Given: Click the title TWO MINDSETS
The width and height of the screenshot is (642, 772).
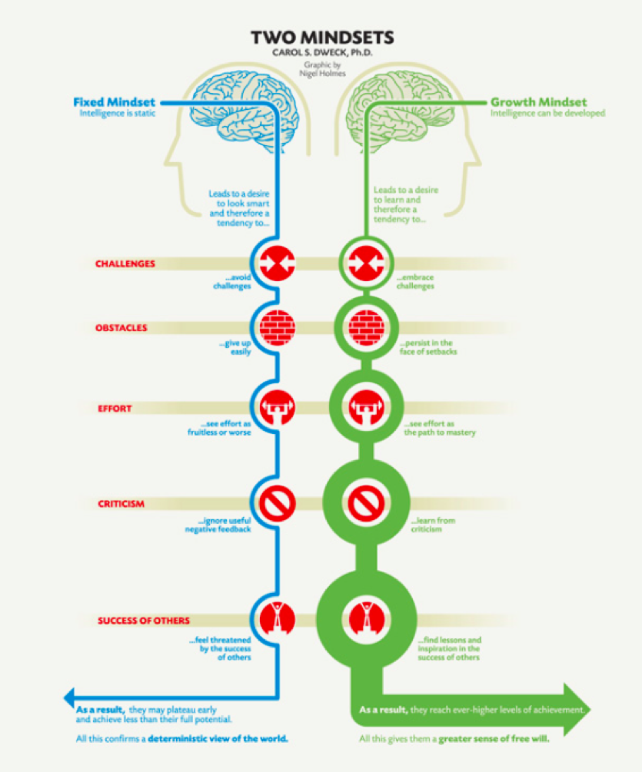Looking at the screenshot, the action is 322,38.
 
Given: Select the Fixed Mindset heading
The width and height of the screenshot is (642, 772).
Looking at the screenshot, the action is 115,102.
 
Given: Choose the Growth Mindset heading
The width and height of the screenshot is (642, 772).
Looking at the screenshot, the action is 538,102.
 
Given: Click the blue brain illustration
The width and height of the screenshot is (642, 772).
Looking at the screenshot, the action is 244,109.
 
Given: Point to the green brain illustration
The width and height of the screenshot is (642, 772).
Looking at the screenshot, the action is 400,109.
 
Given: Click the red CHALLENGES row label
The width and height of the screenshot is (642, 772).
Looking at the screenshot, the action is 125,264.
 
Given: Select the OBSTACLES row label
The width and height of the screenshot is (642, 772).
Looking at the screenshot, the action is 121,328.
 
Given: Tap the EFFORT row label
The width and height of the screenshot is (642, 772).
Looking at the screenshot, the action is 115,409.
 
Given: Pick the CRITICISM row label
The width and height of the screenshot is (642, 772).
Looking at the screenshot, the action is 121,504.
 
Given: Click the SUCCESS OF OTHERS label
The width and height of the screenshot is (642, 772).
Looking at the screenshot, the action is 143,621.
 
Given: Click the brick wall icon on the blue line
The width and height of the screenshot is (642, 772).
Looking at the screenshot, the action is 278,327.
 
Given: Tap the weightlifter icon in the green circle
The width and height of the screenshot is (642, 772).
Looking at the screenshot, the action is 367,408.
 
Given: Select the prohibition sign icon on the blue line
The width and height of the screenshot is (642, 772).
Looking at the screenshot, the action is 278,504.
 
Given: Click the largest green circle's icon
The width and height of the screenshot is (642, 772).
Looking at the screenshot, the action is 367,619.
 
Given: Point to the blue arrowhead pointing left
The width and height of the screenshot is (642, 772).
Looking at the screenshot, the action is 69,697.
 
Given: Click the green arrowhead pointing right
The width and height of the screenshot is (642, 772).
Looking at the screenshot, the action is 577,710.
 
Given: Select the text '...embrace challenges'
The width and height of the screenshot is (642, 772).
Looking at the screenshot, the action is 415,282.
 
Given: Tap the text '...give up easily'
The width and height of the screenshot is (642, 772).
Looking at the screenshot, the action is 235,347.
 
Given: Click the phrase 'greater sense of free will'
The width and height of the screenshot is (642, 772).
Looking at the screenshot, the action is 494,738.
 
